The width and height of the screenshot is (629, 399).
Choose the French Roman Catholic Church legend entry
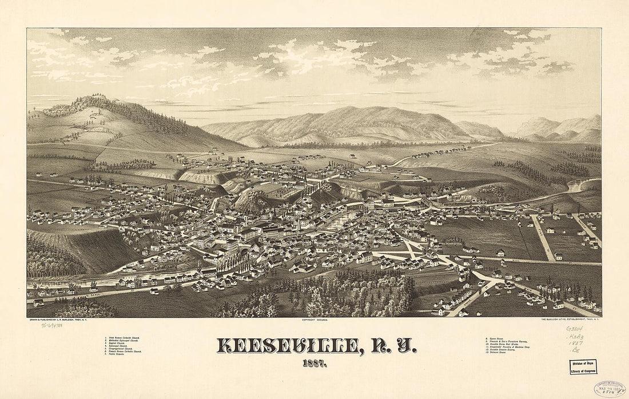pyautogui.click(x=123, y=351)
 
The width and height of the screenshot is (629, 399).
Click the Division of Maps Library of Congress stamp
pyautogui.click(x=583, y=367)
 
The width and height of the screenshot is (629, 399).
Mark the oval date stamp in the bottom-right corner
pyautogui.click(x=609, y=389)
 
